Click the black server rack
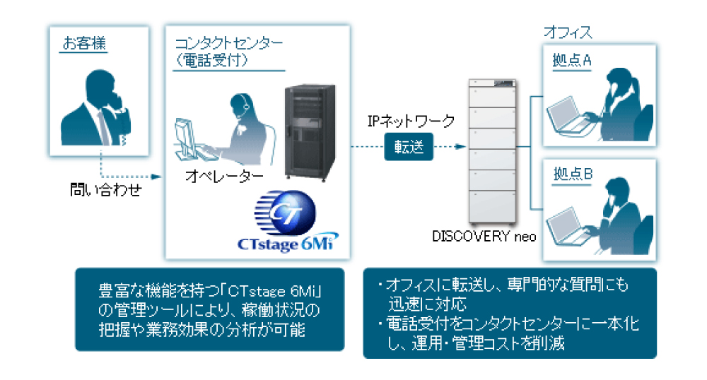point(309,131)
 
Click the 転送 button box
point(408,148)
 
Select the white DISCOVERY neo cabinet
point(493,149)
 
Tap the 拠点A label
point(571,61)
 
